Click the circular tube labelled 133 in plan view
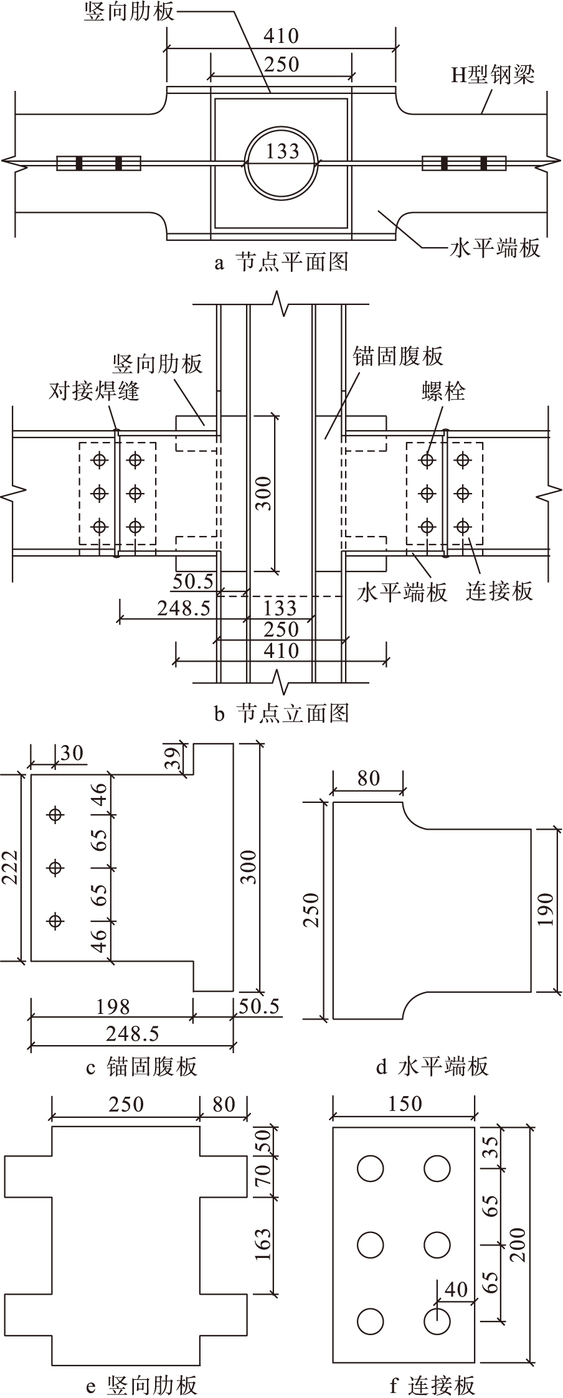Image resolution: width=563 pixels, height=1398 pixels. click(281, 162)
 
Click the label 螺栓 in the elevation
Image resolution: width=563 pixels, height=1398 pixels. click(443, 391)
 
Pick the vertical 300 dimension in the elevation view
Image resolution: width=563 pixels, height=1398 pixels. click(265, 493)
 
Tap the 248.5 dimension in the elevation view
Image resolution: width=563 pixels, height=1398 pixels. click(184, 608)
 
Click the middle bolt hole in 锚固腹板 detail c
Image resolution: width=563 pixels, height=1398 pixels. click(56, 867)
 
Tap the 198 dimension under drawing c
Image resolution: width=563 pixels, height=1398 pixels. click(113, 1006)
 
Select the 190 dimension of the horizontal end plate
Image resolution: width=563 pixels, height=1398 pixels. click(546, 909)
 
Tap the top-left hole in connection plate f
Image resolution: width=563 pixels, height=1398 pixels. click(370, 1168)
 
